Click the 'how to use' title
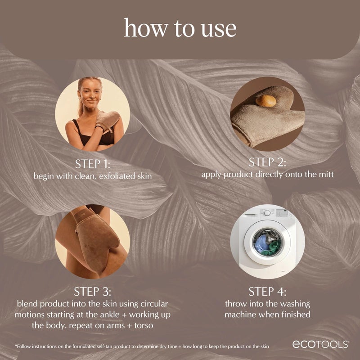(180, 28)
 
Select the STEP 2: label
(268, 162)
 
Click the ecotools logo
(320, 344)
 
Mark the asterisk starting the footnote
(16, 346)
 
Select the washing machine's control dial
(267, 212)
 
